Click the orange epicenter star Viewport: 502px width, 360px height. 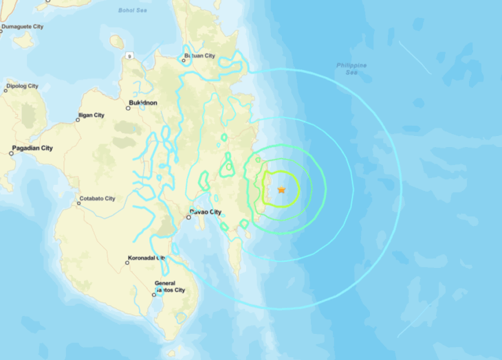pos(281,190)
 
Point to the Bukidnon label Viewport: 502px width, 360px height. pos(143,103)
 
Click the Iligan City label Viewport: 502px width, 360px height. pos(91,115)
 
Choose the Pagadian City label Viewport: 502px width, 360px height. pos(32,148)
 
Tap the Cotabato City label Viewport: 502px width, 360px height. pos(98,198)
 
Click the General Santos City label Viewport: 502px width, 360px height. pos(170,286)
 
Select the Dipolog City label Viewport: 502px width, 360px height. pos(22,87)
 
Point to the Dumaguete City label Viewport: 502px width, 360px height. pos(23,27)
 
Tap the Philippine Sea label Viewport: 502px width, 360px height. pos(351,68)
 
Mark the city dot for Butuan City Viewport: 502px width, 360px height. pos(184,60)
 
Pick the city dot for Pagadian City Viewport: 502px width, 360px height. pos(11,153)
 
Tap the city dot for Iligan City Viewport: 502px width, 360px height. pos(78,120)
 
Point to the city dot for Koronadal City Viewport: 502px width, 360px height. pos(127,262)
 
